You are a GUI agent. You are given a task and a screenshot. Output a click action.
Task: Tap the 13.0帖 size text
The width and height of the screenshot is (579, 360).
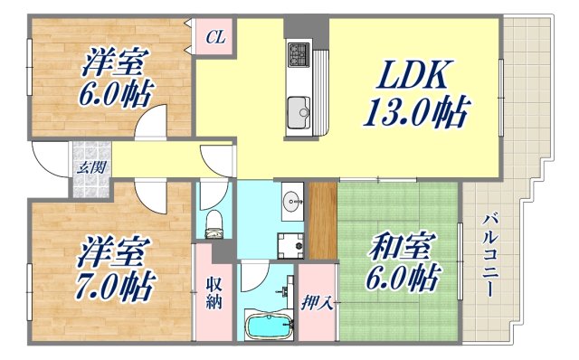[x=416, y=114]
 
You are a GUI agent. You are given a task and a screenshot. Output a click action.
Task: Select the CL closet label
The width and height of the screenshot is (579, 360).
[x=215, y=38]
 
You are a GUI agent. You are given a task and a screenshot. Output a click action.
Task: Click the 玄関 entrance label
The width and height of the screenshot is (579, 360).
[x=88, y=167]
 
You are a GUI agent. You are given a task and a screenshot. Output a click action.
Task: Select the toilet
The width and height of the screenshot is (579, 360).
[x=214, y=222]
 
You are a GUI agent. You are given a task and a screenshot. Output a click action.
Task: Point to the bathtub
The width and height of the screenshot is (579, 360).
[x=268, y=325]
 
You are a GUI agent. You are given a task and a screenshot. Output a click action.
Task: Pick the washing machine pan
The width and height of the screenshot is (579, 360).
[x=291, y=244]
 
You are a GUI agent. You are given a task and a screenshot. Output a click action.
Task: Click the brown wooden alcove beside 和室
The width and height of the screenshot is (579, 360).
[x=322, y=220]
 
